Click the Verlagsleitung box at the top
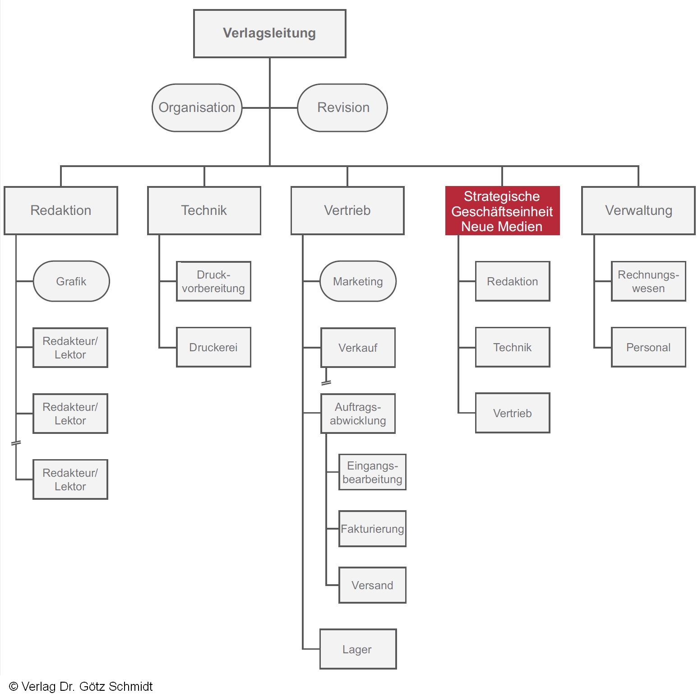click(x=269, y=33)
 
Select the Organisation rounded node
click(x=197, y=107)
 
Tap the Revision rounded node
click(x=342, y=107)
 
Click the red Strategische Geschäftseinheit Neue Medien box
click(x=502, y=211)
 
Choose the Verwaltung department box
click(x=638, y=210)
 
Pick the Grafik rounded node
click(x=71, y=281)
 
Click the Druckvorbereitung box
click(x=213, y=281)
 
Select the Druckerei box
click(x=213, y=347)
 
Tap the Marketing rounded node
click(x=358, y=281)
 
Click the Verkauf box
click(x=358, y=348)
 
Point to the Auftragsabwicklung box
click(x=358, y=414)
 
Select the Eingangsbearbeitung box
click(x=372, y=472)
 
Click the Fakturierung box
click(x=372, y=529)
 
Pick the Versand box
click(x=372, y=585)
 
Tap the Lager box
click(x=358, y=649)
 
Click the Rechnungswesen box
click(x=648, y=281)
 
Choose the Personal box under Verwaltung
click(x=648, y=347)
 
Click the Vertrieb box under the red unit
click(x=513, y=413)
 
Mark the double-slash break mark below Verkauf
click(x=326, y=382)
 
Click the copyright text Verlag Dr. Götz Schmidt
click(x=81, y=687)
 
